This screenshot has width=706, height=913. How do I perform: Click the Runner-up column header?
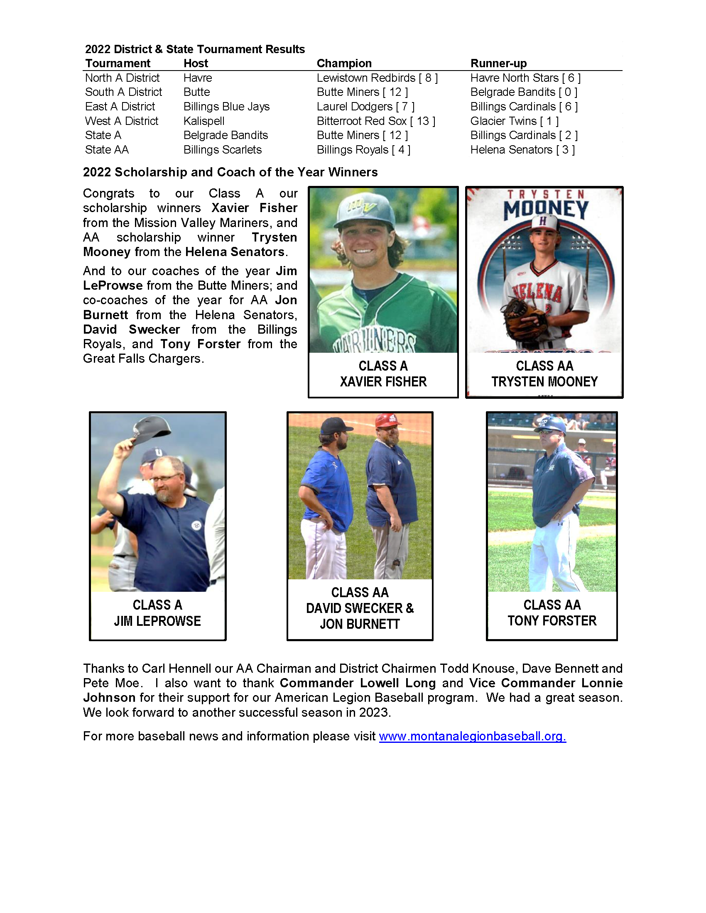(498, 63)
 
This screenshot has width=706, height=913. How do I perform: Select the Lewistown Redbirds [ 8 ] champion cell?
(377, 78)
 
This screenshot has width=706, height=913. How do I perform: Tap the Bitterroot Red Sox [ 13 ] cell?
(375, 121)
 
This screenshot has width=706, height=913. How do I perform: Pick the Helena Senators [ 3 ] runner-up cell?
(522, 150)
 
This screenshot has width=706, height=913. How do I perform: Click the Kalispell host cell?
(203, 121)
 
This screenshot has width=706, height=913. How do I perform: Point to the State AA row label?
(107, 150)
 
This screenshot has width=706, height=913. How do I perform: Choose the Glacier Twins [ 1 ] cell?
(514, 121)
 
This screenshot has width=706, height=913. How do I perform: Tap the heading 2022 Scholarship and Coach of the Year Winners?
(230, 172)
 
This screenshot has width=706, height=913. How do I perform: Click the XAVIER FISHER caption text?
(383, 382)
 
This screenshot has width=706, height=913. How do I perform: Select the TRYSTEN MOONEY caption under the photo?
(544, 382)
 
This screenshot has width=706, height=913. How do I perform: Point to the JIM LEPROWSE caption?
(157, 621)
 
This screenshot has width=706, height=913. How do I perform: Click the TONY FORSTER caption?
(552, 621)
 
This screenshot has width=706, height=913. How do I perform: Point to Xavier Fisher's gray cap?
(367, 210)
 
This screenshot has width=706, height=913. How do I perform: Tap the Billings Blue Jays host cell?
(226, 107)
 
